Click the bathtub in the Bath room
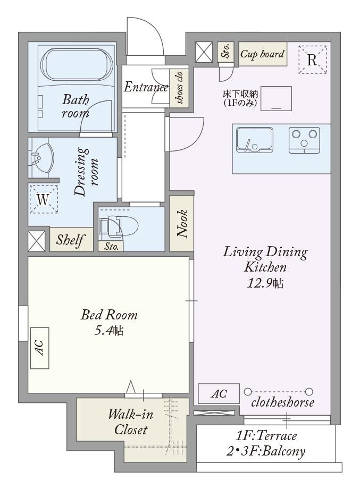(x=77, y=64)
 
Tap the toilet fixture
(x=119, y=225)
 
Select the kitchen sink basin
(x=254, y=139)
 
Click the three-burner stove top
(x=304, y=140)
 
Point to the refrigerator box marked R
(x=312, y=60)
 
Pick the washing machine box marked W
(x=44, y=199)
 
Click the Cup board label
(x=262, y=54)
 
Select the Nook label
(x=182, y=224)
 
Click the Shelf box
(x=71, y=240)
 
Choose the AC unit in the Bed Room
(x=40, y=348)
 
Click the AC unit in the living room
(x=219, y=393)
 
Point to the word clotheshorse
(x=283, y=402)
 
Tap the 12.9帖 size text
(x=265, y=283)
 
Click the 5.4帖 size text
(x=109, y=331)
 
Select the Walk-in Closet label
(x=131, y=422)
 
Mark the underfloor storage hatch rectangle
(x=276, y=98)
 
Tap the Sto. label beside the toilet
(x=111, y=247)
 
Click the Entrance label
(x=146, y=87)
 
